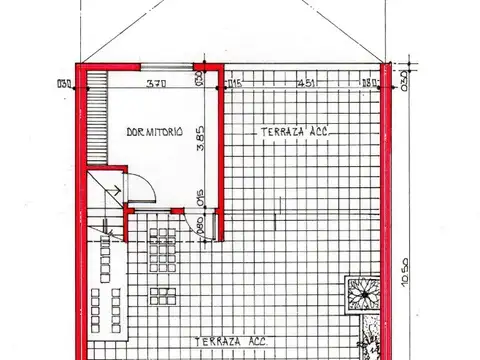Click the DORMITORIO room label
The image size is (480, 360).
point(154,133)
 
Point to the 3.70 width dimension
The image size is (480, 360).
point(155,84)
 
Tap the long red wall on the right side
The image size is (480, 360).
point(388,220)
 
